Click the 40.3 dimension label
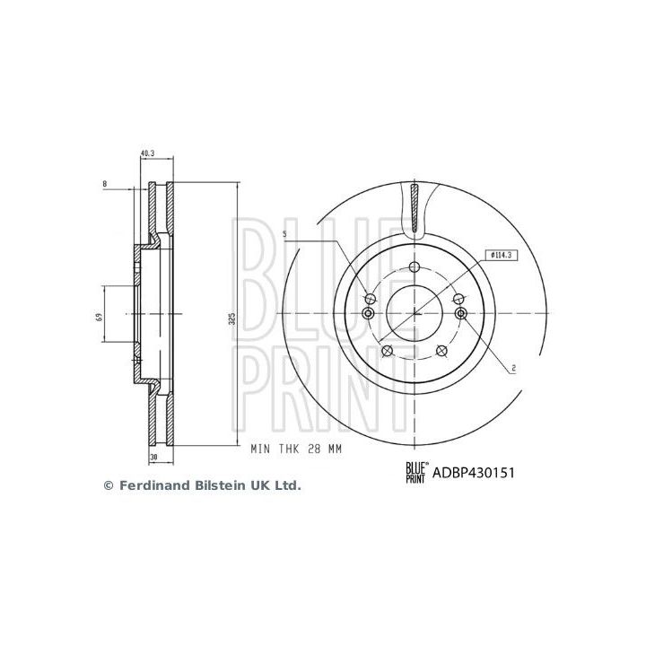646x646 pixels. [x=148, y=153]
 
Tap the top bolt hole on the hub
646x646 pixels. [x=414, y=266]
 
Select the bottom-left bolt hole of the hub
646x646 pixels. [x=387, y=351]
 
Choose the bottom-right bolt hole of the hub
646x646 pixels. [x=441, y=351]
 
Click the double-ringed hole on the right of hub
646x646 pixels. [x=461, y=312]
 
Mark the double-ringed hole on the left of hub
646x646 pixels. [x=367, y=312]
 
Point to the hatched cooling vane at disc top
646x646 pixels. [x=414, y=206]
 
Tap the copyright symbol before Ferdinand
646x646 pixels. [x=109, y=485]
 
